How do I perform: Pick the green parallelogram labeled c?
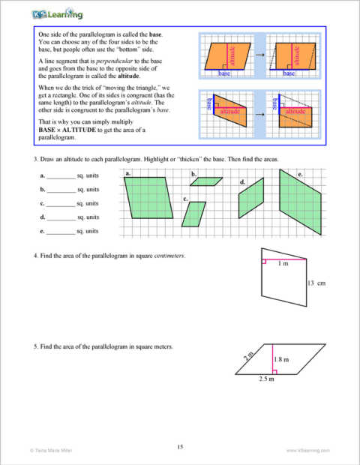[x=193, y=214]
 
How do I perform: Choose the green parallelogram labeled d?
[x=251, y=197]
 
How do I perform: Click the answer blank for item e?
[x=61, y=232]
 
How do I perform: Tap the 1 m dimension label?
[x=282, y=264]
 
